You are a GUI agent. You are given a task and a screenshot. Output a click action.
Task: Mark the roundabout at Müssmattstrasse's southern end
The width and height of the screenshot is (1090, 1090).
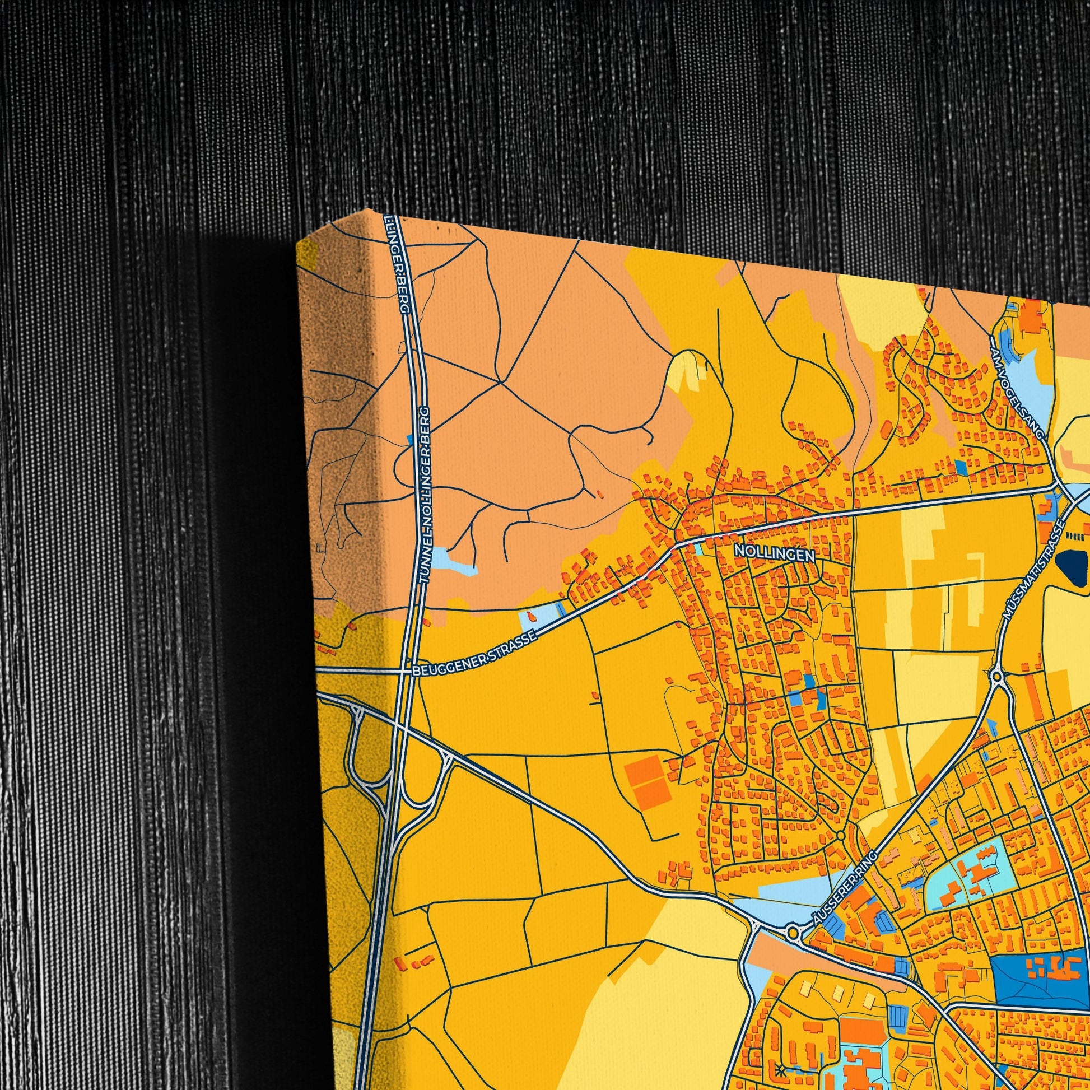(x=998, y=676)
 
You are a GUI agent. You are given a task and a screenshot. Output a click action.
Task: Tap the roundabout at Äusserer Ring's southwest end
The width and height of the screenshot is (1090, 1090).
(x=794, y=931)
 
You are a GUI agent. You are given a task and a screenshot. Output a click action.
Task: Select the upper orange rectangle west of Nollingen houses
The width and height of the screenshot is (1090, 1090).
(x=644, y=768)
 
